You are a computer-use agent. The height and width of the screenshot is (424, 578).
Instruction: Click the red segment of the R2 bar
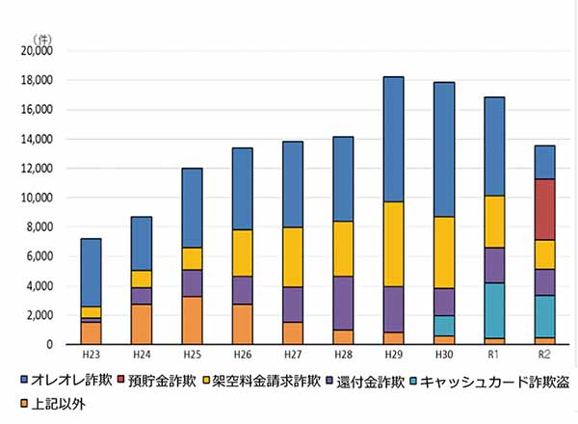coord(544,209)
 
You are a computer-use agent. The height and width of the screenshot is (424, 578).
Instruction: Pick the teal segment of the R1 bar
coord(494,310)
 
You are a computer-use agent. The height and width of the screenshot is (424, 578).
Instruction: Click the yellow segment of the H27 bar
coord(293,256)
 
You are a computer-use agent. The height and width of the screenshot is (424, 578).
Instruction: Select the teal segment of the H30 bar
coord(444,325)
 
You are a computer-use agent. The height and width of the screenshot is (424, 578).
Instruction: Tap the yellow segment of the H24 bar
coord(142,278)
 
